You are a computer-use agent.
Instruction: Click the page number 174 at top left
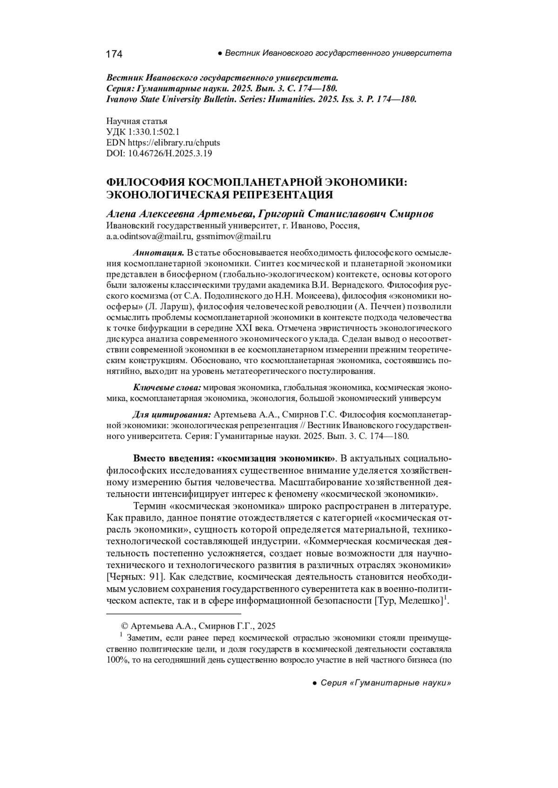114,54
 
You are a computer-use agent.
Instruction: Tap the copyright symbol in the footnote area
124,626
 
